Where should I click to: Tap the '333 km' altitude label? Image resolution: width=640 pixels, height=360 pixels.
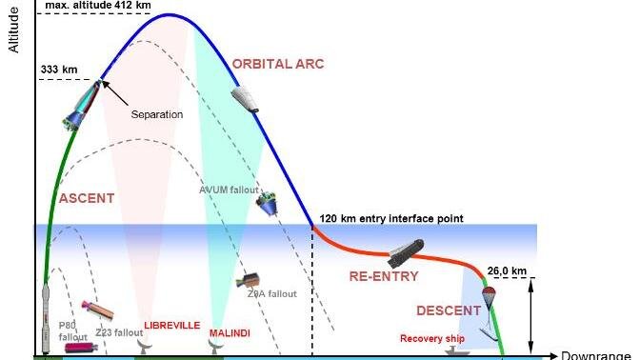coord(59,70)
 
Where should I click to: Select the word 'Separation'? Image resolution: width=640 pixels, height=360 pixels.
coord(157,114)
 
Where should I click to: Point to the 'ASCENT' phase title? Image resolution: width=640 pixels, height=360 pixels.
coord(87,198)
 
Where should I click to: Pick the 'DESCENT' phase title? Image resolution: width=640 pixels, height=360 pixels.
coord(447,310)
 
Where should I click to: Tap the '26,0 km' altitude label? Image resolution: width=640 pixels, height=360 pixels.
coord(505,270)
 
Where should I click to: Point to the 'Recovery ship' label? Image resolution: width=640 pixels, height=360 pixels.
coord(433,338)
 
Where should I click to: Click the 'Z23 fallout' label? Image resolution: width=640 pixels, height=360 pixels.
coord(113,332)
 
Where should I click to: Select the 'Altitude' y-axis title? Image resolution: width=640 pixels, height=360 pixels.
coord(13,30)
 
